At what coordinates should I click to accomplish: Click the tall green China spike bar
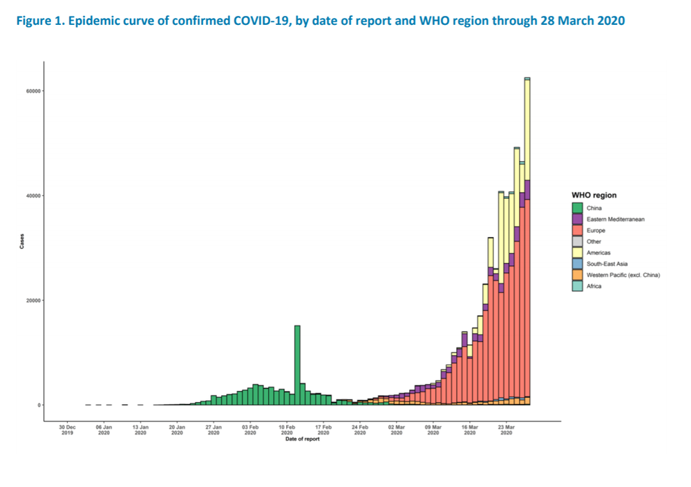coord(297,365)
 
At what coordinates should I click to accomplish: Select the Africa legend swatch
coord(577,286)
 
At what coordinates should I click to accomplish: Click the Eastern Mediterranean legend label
coord(615,219)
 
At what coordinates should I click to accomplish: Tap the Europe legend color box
coord(577,230)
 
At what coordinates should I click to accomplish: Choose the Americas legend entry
coord(598,253)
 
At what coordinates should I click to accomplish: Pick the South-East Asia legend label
coord(607,264)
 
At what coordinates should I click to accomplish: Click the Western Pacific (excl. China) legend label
coord(623,275)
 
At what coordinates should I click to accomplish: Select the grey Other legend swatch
coord(577,242)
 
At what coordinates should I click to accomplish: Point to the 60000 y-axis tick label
coord(33,90)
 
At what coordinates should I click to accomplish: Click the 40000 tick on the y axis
coord(33,195)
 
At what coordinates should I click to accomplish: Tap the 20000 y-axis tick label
coord(33,300)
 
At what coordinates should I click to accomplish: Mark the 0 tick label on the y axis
coord(39,405)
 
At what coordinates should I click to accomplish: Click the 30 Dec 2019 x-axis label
coord(68,430)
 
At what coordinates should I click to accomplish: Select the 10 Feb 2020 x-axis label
coord(287,430)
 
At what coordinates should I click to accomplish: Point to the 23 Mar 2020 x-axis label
coord(507,430)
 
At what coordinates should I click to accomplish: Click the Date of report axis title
coord(303,439)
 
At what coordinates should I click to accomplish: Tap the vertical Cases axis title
coord(21,241)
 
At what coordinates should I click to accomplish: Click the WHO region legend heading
coord(594,195)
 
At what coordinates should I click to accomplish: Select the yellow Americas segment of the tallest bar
coord(527,130)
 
